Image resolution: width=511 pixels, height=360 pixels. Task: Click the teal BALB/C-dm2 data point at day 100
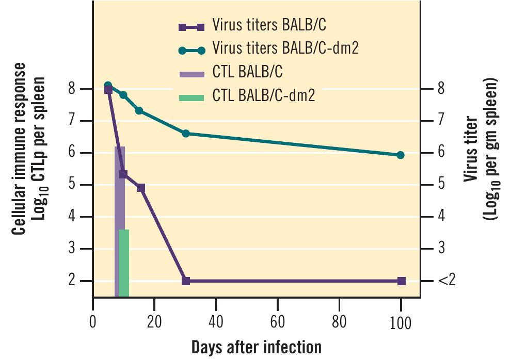click(x=401, y=155)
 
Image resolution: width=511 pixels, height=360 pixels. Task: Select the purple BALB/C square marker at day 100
click(x=401, y=281)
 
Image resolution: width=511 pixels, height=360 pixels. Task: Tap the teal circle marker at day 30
click(x=186, y=134)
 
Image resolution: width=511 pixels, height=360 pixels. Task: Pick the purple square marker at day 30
click(x=186, y=281)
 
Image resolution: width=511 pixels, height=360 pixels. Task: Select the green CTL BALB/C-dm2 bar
click(x=124, y=263)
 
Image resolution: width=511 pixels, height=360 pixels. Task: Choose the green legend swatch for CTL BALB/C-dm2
click(x=191, y=97)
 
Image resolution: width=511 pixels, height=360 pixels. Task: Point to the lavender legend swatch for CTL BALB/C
click(x=191, y=74)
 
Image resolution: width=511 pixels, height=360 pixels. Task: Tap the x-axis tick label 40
click(x=216, y=322)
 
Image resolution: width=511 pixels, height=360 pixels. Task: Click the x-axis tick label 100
click(x=401, y=323)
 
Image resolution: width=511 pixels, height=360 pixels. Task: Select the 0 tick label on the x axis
click(x=93, y=322)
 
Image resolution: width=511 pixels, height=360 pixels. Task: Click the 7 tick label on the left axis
click(x=72, y=120)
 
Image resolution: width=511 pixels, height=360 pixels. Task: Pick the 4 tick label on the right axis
click(x=441, y=216)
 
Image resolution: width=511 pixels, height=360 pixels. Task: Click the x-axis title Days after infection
click(x=257, y=347)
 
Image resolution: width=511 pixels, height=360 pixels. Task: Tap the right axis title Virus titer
click(x=471, y=149)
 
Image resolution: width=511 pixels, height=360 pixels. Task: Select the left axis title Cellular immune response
click(x=19, y=149)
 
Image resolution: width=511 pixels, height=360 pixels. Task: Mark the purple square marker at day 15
click(x=141, y=188)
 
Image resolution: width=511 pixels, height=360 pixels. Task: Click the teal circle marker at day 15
click(x=139, y=111)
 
